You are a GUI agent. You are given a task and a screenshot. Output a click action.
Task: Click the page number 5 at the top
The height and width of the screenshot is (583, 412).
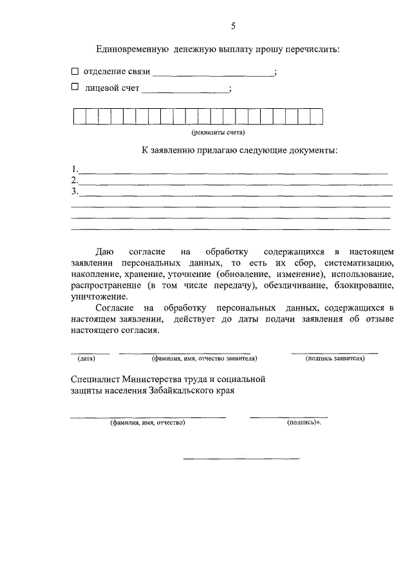pos(234,26)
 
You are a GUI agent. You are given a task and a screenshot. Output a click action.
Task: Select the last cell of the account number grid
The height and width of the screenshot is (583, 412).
pos(317,116)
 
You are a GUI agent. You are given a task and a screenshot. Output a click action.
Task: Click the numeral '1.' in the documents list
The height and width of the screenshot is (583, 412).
pos(75,170)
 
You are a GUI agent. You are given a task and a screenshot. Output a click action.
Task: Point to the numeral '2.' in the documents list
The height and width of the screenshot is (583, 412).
pos(75,180)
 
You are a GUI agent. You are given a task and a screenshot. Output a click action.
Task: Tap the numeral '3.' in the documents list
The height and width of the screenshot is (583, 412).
pos(75,191)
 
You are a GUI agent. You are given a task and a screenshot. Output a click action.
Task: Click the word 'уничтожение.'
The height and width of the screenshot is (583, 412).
pos(100,297)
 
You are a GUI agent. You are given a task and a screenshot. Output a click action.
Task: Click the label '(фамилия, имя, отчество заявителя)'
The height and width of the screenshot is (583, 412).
pos(204,358)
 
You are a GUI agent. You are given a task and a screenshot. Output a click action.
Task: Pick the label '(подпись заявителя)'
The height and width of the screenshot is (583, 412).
pos(335,358)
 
